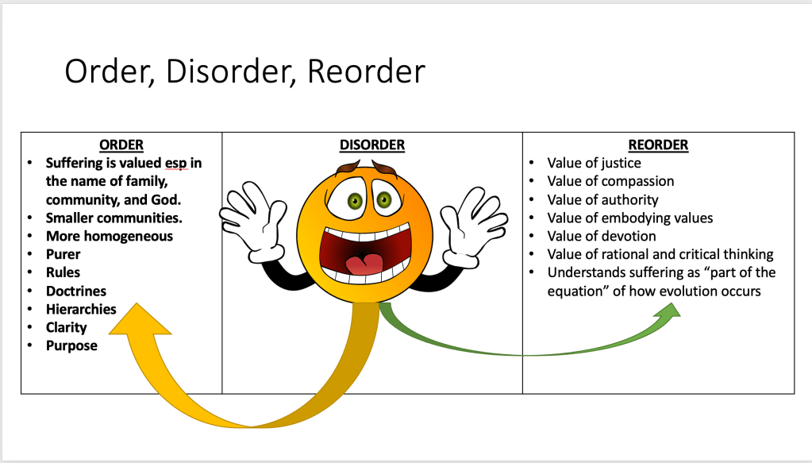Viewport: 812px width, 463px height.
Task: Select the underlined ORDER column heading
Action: tap(121, 145)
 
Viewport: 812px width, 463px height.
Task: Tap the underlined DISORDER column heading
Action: tap(371, 145)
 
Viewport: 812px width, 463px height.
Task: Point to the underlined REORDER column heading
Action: tap(658, 145)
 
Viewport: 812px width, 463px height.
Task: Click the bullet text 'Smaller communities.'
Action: tap(114, 218)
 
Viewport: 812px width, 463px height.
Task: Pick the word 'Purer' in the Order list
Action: tap(63, 254)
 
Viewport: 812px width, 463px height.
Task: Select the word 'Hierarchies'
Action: tap(81, 309)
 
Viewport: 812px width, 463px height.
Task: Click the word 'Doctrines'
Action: tap(76, 291)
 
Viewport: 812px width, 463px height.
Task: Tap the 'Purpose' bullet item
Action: tap(71, 345)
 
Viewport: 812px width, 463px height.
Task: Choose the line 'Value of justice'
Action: tap(594, 164)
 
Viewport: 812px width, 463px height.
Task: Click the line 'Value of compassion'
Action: tap(610, 181)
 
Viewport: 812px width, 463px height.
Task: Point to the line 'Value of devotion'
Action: tap(602, 236)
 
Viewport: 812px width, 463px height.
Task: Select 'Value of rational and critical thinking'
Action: tap(660, 254)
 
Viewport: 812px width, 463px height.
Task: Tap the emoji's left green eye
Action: tap(352, 199)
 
